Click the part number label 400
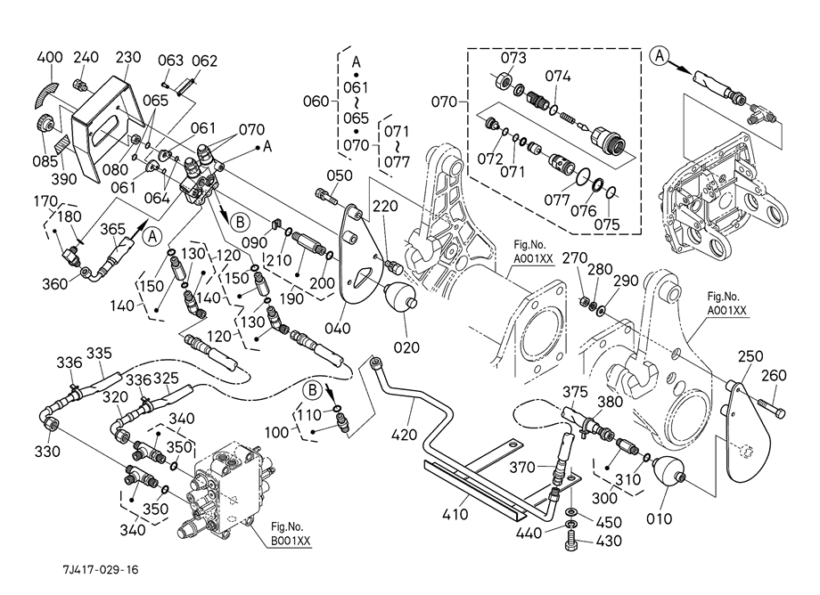(x=49, y=58)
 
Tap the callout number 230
(x=128, y=58)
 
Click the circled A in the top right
(x=659, y=54)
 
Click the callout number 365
(x=112, y=229)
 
